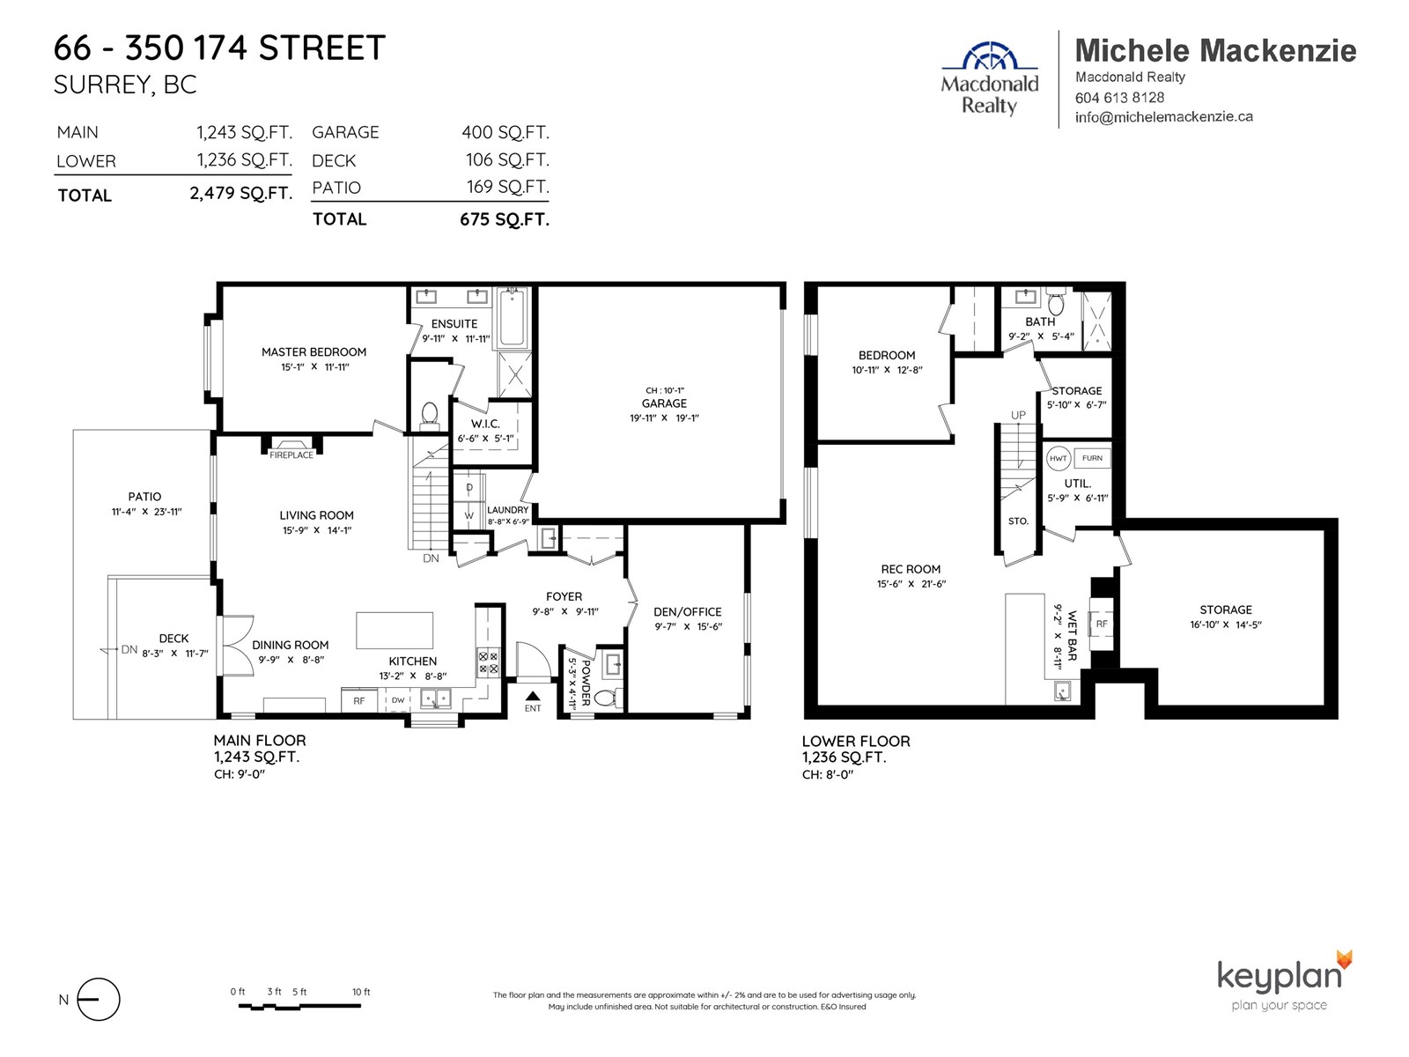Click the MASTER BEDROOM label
coord(314,351)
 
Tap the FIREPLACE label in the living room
coord(291,455)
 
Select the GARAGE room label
coord(664,403)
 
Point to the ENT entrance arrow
coord(533,696)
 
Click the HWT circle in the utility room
coord(1058,458)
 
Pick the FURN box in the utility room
coord(1092,457)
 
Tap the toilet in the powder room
coord(609,697)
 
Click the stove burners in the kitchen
coord(488,663)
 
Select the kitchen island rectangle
coord(395,630)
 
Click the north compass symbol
coord(99,999)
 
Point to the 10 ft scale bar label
coord(361,992)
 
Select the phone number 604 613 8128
coord(1119,98)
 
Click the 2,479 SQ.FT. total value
coord(240,193)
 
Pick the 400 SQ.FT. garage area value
coord(505,132)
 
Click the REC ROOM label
coord(911,569)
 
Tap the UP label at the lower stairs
coord(1018,415)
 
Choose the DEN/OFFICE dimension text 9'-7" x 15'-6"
coord(688,626)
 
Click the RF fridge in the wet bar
coord(1102,623)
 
